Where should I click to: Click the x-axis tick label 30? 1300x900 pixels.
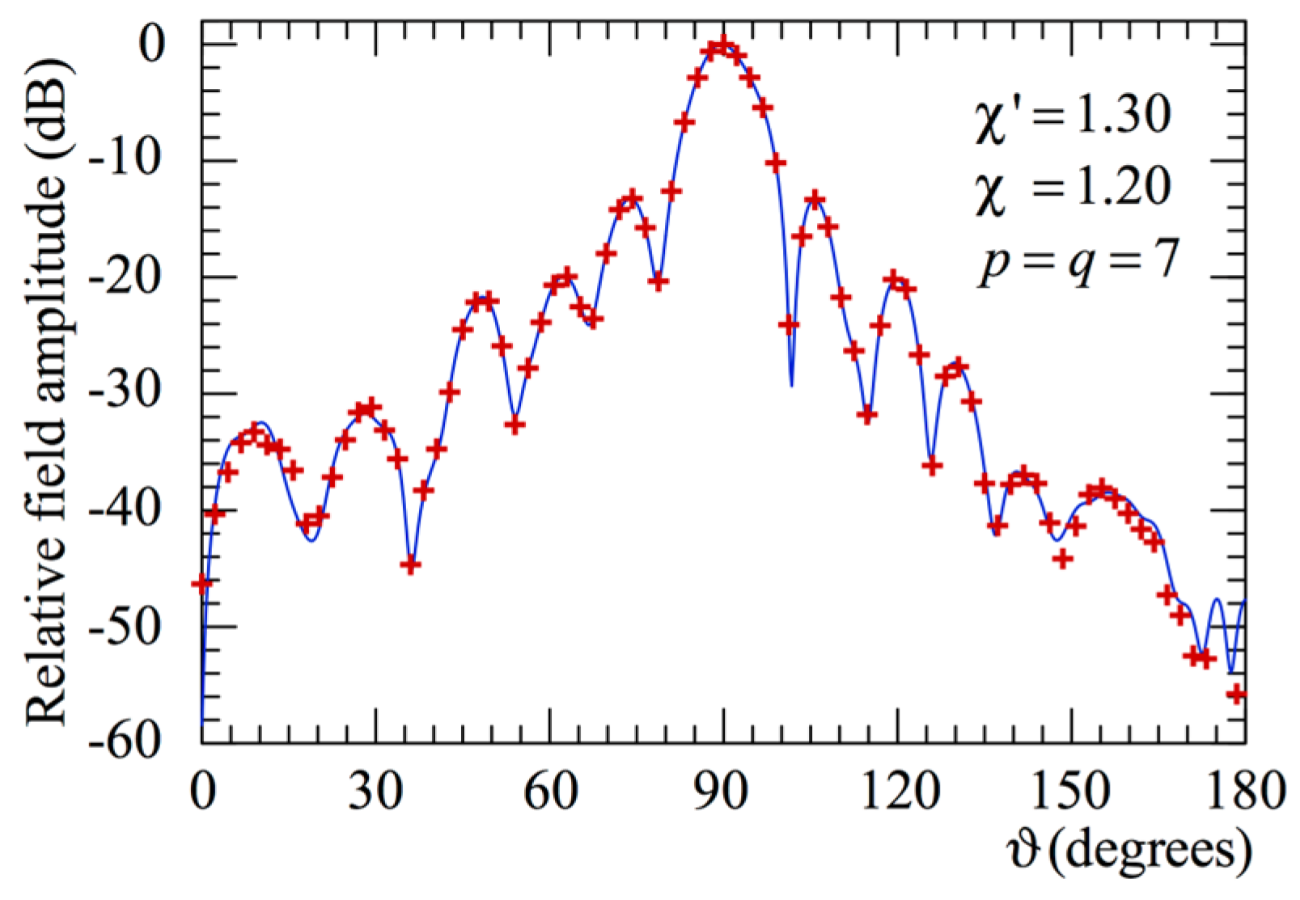375,792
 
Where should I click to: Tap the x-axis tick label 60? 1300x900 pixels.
550,792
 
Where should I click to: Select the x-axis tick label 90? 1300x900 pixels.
723,792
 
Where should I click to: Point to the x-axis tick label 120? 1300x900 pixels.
896,792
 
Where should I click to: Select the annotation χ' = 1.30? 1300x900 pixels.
1071,115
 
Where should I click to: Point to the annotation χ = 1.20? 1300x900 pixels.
1071,188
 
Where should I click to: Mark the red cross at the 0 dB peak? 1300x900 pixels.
723,44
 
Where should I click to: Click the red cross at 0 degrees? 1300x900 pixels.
201,583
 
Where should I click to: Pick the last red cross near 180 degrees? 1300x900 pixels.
1235,694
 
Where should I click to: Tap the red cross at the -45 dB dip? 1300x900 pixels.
410,564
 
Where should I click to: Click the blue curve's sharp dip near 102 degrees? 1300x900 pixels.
791,385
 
